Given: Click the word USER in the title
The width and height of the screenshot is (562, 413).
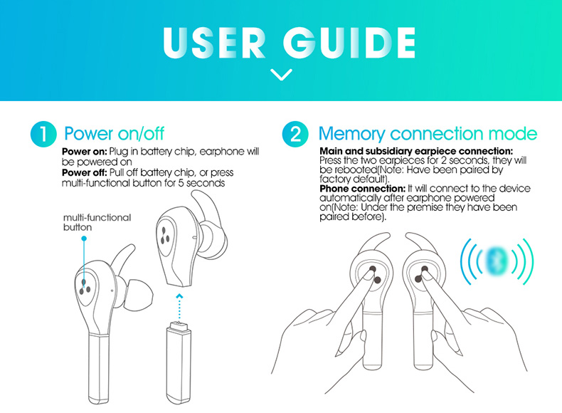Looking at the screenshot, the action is (x=214, y=43).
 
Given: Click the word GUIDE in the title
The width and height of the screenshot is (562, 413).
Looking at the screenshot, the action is (x=349, y=43).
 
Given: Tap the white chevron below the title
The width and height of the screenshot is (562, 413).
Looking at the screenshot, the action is (x=282, y=74).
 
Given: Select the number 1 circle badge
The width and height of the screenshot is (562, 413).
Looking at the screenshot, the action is (x=43, y=134).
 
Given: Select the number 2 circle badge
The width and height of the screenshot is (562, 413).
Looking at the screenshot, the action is (x=295, y=134).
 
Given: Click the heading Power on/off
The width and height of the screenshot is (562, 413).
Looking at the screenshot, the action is (x=114, y=133).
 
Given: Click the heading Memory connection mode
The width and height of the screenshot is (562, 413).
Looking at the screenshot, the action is (x=428, y=133).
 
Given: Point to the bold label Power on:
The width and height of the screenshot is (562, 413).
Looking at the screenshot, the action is (x=85, y=152).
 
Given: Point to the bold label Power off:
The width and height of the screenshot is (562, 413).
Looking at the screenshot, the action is (x=85, y=172).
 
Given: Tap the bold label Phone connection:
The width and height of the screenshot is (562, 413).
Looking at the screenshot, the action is (x=362, y=189).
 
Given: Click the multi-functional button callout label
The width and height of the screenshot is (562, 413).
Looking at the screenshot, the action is (x=97, y=222).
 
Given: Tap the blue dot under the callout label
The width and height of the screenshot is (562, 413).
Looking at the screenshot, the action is (x=84, y=239).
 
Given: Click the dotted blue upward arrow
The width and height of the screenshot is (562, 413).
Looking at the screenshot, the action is (x=180, y=308).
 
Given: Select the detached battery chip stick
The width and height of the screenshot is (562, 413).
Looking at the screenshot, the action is (x=179, y=363).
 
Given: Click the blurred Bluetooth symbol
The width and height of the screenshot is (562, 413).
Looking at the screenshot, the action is (x=496, y=261).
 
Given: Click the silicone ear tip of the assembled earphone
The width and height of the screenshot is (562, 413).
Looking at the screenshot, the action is (x=139, y=293).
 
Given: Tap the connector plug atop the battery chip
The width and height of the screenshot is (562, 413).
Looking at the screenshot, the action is (x=179, y=326).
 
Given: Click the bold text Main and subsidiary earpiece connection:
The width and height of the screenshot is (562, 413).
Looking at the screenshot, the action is (x=416, y=151).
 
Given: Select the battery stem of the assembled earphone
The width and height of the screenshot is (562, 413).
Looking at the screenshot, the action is (x=99, y=369).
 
